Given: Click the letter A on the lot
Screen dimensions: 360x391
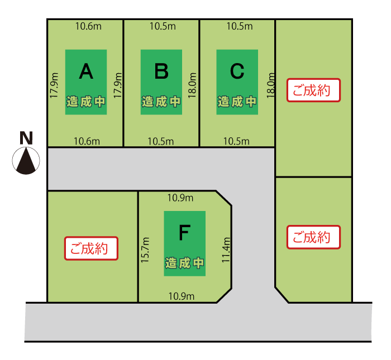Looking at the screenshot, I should (x=85, y=71).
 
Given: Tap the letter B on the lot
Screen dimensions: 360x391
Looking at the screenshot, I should (x=161, y=71).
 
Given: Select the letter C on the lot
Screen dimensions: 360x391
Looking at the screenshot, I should (x=237, y=71).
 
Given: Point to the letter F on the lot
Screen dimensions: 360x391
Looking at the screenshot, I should (x=184, y=232).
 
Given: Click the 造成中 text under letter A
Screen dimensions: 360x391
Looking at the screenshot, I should (x=86, y=102).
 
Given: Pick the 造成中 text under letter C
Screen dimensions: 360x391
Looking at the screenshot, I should (x=237, y=102).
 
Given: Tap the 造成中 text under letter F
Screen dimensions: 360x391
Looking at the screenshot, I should (x=184, y=263).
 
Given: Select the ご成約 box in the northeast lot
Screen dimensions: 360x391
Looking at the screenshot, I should (x=313, y=90).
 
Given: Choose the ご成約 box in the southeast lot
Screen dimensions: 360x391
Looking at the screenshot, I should (x=313, y=237).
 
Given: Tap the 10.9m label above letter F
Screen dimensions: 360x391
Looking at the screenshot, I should (x=180, y=198).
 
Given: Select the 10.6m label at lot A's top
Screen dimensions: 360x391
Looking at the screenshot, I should (x=88, y=26).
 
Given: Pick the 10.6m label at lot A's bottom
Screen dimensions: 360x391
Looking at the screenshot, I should (x=87, y=141).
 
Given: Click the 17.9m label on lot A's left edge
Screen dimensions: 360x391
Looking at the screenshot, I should (x=54, y=85).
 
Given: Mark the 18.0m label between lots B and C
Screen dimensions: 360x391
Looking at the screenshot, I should (x=192, y=85).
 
